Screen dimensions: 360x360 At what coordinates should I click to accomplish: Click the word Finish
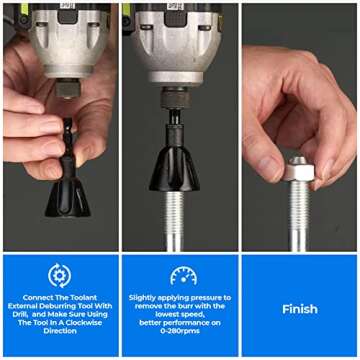pos(299,309)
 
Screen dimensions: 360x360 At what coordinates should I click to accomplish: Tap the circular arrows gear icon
pos(59,275)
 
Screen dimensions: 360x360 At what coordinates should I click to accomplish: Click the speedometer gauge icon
pos(183,276)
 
